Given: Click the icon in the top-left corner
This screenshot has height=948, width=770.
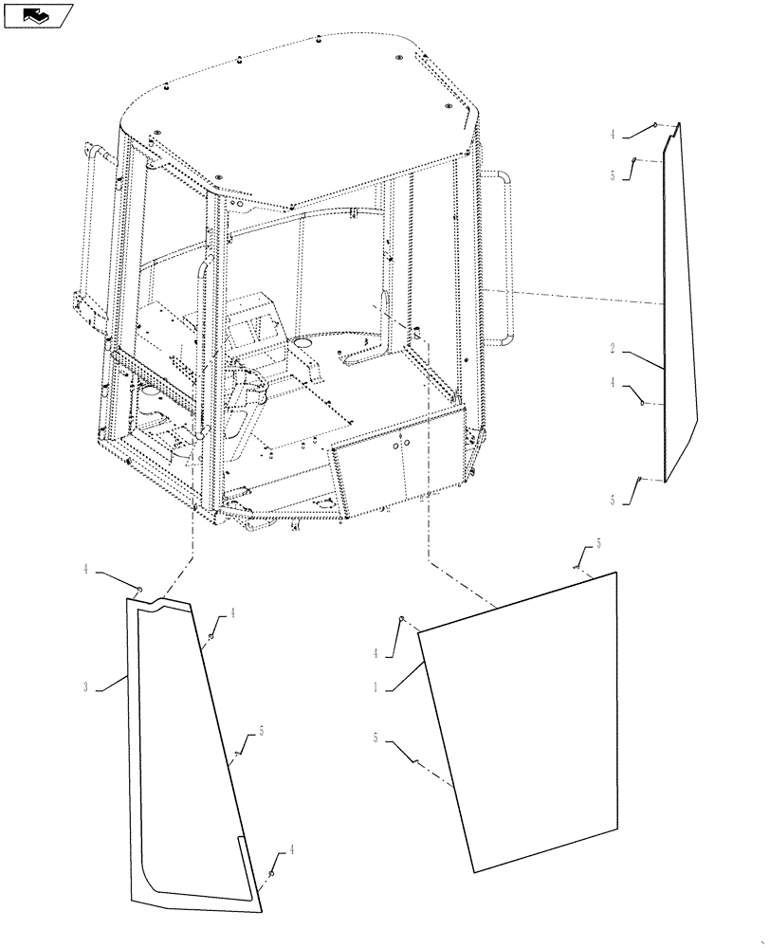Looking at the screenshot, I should pyautogui.click(x=38, y=14).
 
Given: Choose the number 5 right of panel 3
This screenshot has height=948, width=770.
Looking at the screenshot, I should pyautogui.click(x=261, y=732).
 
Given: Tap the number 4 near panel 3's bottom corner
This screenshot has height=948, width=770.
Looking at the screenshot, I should pyautogui.click(x=292, y=850).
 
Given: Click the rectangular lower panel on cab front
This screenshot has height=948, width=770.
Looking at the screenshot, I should pyautogui.click(x=398, y=465).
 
